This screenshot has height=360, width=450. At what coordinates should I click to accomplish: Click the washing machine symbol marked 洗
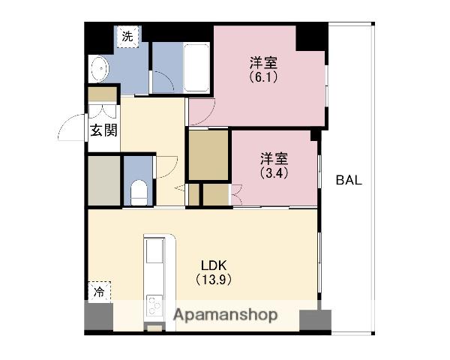(127, 37)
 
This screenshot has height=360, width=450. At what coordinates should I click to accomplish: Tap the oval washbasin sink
(100, 69)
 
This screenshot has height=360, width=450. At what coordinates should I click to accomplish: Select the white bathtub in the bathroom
(196, 67)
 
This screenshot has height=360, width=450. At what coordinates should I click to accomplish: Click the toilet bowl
(139, 192)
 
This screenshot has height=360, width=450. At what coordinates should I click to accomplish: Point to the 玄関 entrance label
(103, 130)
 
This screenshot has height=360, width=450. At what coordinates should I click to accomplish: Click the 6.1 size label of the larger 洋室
(263, 77)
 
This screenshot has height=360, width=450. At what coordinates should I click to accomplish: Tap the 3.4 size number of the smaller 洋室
(274, 172)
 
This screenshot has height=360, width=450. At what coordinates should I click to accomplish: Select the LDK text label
(214, 265)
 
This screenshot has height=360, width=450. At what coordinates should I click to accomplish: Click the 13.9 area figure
(214, 280)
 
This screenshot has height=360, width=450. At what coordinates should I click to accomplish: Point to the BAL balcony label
(349, 180)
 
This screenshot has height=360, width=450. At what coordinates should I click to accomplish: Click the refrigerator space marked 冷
(99, 292)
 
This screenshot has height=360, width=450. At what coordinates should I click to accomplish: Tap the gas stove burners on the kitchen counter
(154, 306)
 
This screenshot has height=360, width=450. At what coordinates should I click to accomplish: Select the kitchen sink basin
(154, 251)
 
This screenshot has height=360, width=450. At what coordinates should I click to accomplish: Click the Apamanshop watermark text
(226, 315)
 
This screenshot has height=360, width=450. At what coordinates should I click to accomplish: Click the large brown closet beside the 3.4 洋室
(208, 155)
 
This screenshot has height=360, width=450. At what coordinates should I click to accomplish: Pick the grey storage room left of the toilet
(104, 181)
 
